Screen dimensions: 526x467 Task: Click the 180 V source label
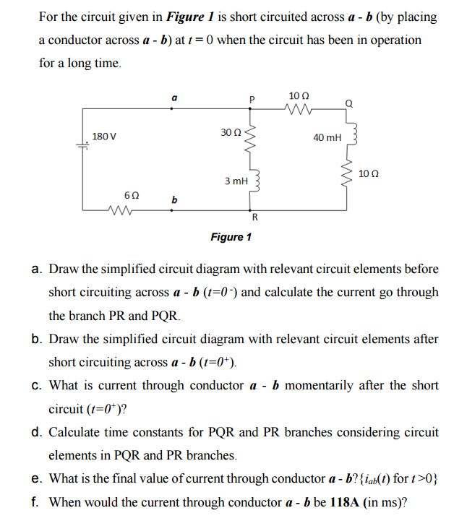pyautogui.click(x=104, y=136)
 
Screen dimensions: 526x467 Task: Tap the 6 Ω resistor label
pyautogui.click(x=132, y=196)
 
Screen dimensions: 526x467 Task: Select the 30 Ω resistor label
pyautogui.click(x=231, y=132)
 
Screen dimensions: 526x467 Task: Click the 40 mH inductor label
pyautogui.click(x=327, y=137)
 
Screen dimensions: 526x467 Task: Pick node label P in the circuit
pyautogui.click(x=252, y=99)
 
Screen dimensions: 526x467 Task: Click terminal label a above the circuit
pyautogui.click(x=172, y=97)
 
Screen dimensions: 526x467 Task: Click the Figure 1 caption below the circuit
pyautogui.click(x=231, y=236)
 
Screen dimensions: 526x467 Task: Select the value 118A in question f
pyautogui.click(x=342, y=502)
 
